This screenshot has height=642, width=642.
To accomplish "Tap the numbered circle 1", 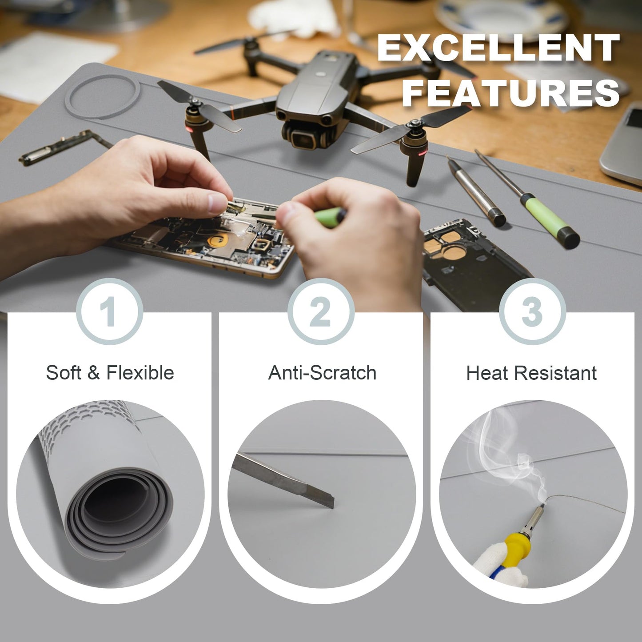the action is [110, 311].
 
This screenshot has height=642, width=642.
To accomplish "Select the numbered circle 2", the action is [321, 311].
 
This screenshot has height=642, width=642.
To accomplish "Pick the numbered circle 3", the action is [532, 311].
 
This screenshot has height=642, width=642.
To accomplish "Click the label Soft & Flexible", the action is [110, 372].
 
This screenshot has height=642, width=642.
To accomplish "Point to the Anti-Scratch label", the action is [322, 372].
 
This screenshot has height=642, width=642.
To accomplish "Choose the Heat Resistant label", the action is [531, 373].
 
